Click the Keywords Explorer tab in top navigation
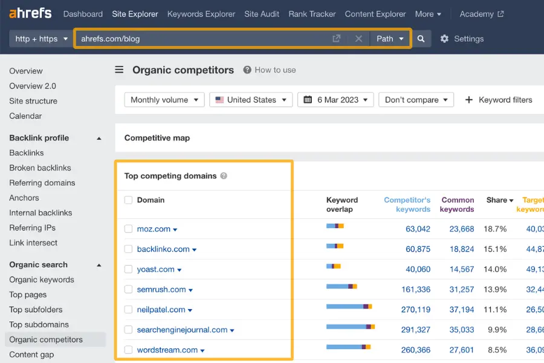pos(201,14)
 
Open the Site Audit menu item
pos(262,14)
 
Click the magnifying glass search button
pos(421,39)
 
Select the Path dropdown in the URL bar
pos(389,39)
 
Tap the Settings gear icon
pos(445,39)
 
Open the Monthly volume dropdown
pos(164,100)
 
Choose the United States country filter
pos(251,100)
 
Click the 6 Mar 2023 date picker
pos(335,100)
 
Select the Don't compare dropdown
pos(416,100)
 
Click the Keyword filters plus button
pos(469,100)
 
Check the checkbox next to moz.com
pos(128,229)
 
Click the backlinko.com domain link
pos(163,249)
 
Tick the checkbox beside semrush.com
pos(128,289)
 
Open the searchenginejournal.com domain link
pos(182,330)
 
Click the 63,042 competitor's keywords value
pos(418,229)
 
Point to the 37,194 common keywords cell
pos(462,309)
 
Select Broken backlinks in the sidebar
pos(40,168)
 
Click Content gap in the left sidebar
pos(31,355)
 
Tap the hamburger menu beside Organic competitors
pos(120,70)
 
